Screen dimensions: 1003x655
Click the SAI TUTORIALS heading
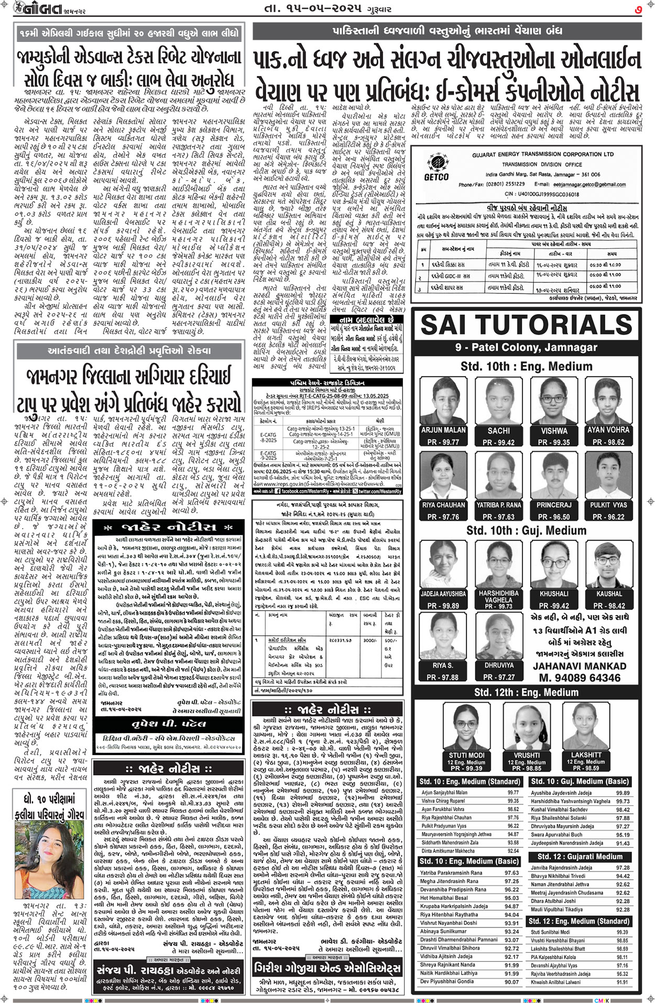click(x=527, y=325)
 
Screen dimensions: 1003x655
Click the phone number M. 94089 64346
click(x=580, y=678)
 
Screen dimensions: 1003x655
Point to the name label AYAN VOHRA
click(x=608, y=430)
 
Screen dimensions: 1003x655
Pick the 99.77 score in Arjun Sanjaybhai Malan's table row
click(x=513, y=793)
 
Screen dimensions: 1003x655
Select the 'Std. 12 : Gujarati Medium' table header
click(x=580, y=857)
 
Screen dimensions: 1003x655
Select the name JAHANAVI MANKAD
click(x=580, y=666)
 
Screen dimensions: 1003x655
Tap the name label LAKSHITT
click(x=585, y=755)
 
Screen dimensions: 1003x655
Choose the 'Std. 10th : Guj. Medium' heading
click(x=527, y=531)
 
